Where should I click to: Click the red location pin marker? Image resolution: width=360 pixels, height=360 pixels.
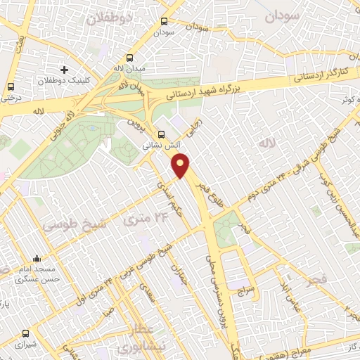(181, 166)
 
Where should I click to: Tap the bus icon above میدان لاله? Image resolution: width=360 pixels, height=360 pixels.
(129, 58)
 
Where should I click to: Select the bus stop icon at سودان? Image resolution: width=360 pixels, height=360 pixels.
(164, 22)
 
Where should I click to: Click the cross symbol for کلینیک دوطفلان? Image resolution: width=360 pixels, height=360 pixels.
(64, 70)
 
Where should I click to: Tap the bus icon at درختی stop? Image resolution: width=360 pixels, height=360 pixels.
(10, 86)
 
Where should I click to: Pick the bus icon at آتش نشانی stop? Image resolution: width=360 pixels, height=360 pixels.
(162, 134)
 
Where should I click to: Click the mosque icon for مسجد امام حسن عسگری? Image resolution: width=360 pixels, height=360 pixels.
(36, 259)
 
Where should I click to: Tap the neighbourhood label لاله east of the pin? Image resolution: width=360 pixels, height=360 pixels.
(264, 143)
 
